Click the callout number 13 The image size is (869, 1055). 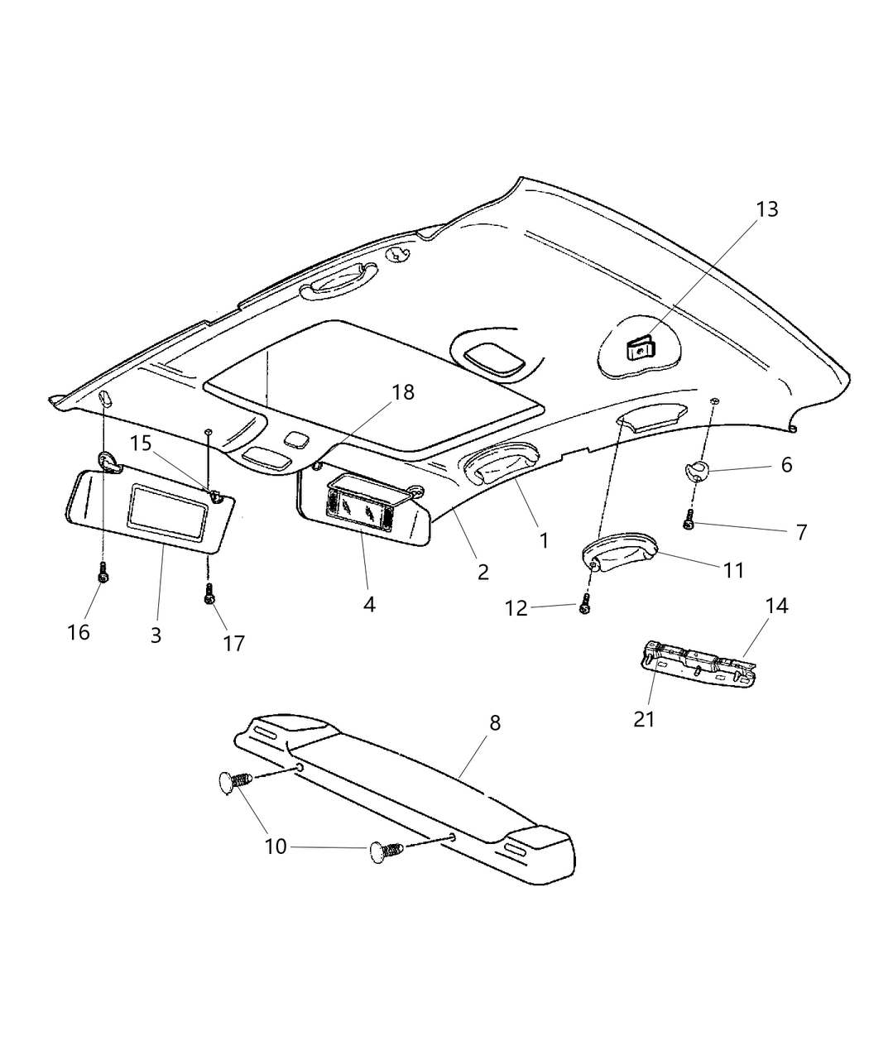(x=766, y=209)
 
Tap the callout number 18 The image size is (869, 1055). (x=403, y=392)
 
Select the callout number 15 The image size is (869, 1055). (x=141, y=444)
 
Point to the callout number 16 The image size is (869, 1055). (x=79, y=632)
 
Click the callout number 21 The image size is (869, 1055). (x=644, y=719)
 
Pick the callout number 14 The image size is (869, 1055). (x=776, y=606)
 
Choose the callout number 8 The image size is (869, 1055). (x=495, y=722)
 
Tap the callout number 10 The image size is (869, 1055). (x=275, y=846)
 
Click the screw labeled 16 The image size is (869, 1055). (x=102, y=573)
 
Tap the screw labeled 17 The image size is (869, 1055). (x=209, y=592)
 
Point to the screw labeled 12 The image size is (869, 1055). (x=585, y=604)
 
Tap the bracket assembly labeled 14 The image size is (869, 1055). (x=699, y=666)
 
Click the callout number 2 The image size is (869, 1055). (x=483, y=571)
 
